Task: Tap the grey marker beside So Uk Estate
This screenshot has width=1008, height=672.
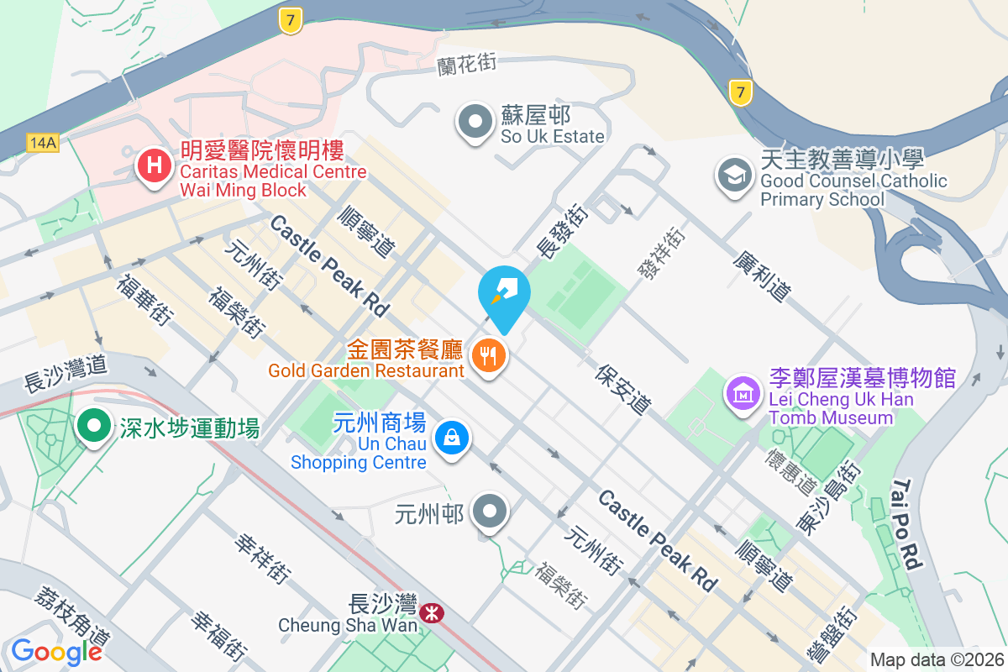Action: [476, 122]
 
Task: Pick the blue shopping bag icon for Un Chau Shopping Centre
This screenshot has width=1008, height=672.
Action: [452, 438]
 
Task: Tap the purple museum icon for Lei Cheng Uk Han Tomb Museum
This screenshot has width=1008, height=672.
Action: [744, 392]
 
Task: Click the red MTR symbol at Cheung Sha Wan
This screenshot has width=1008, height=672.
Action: [432, 614]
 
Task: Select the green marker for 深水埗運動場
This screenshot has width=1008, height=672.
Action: [94, 425]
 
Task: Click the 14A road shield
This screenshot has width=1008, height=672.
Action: [41, 143]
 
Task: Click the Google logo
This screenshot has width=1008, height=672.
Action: [56, 651]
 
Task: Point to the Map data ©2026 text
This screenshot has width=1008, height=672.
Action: [937, 659]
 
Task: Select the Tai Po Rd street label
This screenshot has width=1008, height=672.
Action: [908, 524]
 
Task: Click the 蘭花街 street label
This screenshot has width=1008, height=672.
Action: [466, 66]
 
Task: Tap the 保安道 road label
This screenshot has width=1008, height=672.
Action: [624, 389]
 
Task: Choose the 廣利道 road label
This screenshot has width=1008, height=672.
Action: [762, 278]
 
